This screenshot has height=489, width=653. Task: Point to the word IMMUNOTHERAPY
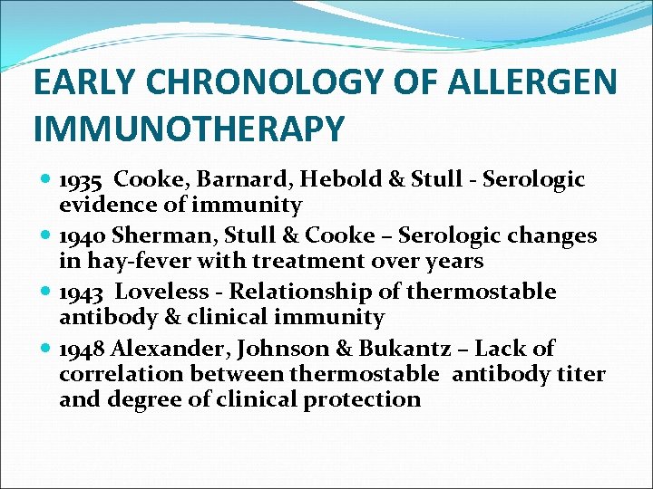189,128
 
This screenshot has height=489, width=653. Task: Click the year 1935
81,180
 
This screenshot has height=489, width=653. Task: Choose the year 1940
81,236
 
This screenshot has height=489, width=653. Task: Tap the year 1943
81,292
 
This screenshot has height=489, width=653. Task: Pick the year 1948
81,349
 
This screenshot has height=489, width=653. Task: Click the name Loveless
167,292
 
